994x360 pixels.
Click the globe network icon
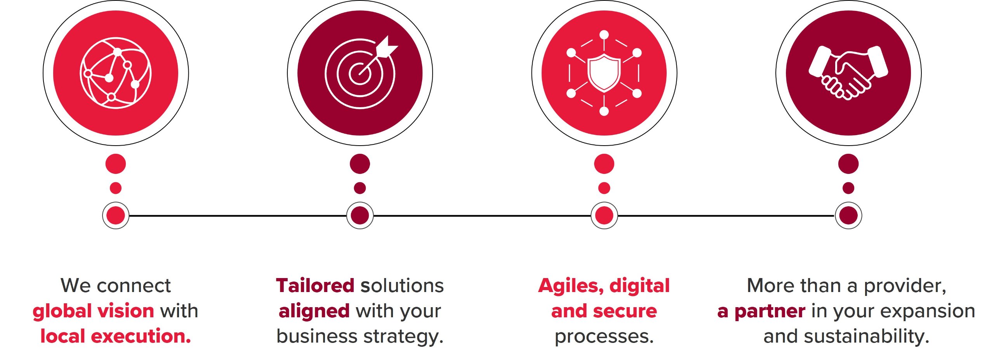(116, 73)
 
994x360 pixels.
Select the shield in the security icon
(604, 73)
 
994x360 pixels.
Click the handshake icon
(848, 73)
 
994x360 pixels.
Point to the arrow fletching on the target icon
(387, 47)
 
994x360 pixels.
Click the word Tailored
(315, 285)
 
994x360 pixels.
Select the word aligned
(314, 311)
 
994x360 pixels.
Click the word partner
(770, 311)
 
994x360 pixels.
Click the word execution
(141, 336)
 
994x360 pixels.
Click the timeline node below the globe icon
(116, 216)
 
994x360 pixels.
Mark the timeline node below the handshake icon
(848, 216)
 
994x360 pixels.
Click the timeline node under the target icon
(360, 216)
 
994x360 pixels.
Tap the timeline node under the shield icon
(604, 216)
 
